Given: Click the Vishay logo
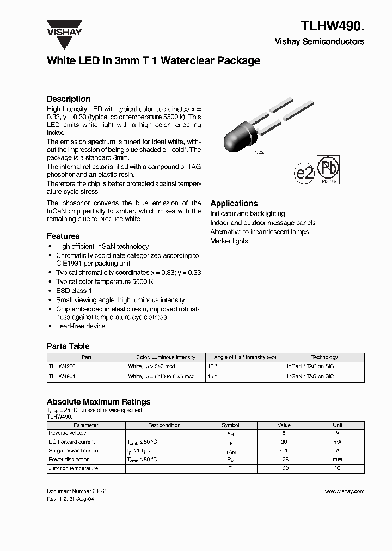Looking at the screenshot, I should [64, 28].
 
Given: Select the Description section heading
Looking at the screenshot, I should [69, 99].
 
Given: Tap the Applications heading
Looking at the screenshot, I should [234, 203].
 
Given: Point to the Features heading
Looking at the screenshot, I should [63, 236].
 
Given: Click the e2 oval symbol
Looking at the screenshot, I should [304, 174].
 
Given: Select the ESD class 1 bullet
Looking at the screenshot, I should [73, 291].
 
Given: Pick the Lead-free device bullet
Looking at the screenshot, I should [81, 326].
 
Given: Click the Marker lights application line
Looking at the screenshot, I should [229, 241].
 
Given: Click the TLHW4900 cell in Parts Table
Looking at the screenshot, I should [62, 367].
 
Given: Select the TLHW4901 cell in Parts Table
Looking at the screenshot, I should [62, 376].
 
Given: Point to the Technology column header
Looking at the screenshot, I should [324, 357].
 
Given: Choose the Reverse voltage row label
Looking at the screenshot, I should [68, 433].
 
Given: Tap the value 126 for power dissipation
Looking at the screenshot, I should [284, 460].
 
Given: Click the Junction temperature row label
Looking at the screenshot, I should [73, 468].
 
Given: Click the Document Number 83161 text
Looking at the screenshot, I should [77, 491].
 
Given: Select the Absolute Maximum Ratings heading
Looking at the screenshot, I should [99, 402].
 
